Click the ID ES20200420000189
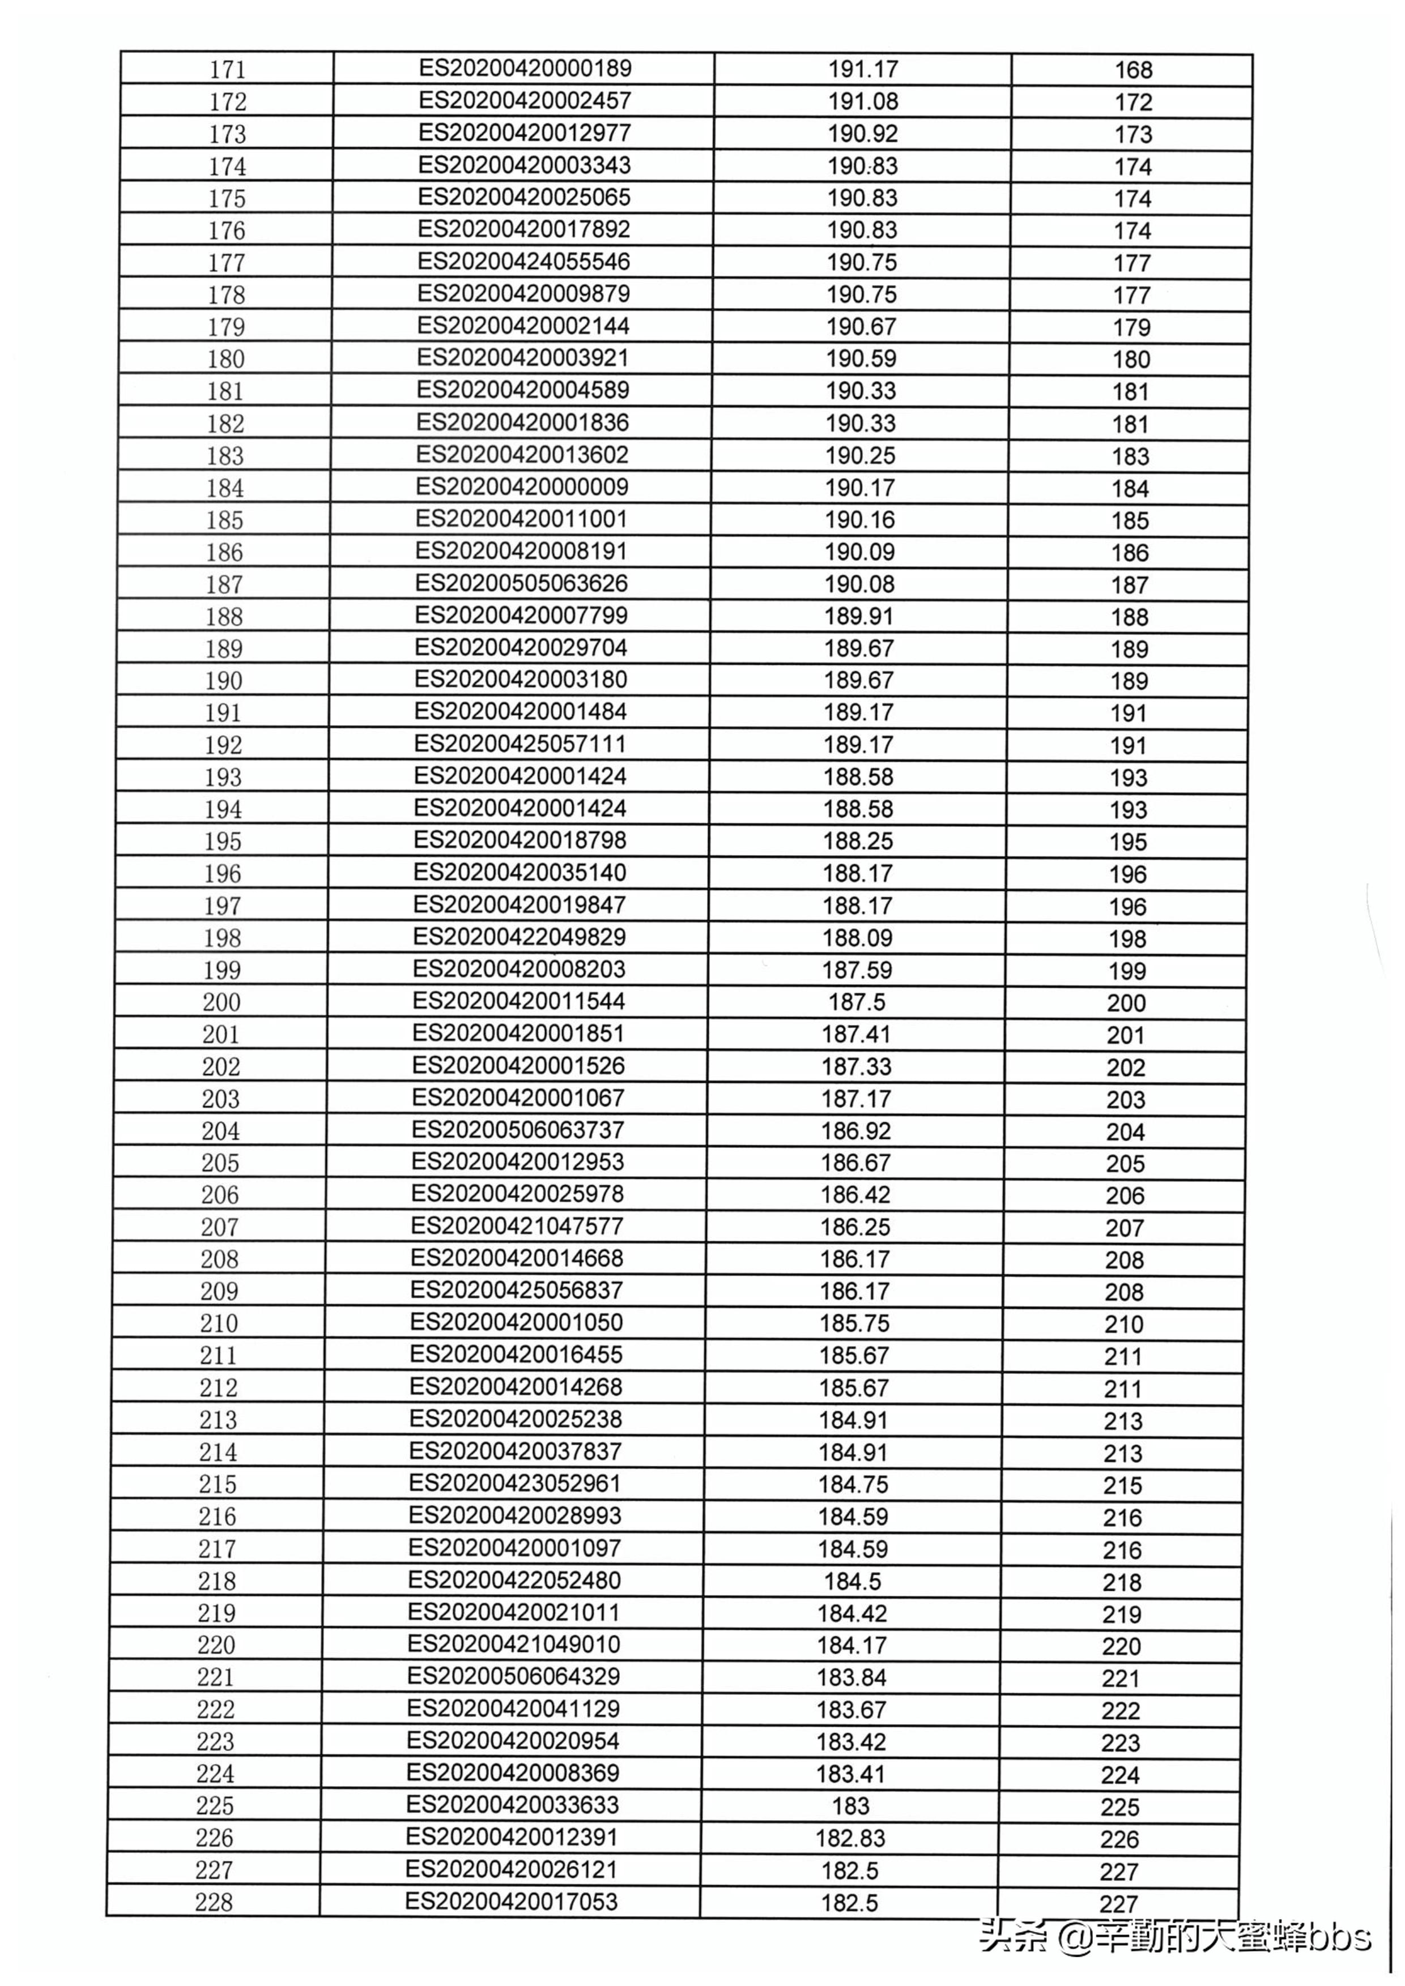click(x=525, y=69)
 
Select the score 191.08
click(x=863, y=101)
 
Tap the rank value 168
click(x=1133, y=70)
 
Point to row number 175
click(x=227, y=199)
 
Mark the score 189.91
click(x=858, y=617)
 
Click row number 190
click(x=223, y=681)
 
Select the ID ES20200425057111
click(x=520, y=744)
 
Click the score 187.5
click(x=857, y=1002)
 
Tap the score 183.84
click(x=852, y=1677)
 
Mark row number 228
click(x=214, y=1902)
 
